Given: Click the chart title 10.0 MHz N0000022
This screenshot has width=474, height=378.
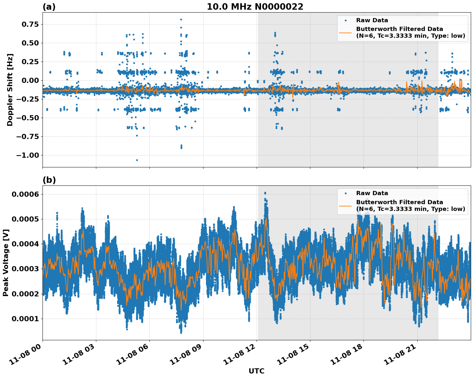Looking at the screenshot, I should pos(255,7).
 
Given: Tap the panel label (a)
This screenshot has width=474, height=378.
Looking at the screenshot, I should pos(49,7).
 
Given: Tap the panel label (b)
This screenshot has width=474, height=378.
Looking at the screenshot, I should pos(49,180).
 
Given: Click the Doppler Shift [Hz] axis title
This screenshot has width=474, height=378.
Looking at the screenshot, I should pos(10,90).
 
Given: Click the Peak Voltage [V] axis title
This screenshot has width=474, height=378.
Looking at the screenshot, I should pos(6,263).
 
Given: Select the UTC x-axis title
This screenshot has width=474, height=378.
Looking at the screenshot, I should pos(256,371).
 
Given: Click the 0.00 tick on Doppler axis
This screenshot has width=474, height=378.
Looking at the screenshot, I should pos(30,81).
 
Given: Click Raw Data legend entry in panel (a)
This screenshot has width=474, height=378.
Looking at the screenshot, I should pos(372,20).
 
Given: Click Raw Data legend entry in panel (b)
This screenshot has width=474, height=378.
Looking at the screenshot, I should pos(372,193).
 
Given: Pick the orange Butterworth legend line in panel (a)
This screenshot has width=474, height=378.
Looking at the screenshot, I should pos(345,32).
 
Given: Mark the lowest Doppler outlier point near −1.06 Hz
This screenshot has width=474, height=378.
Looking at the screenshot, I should pos(137,160).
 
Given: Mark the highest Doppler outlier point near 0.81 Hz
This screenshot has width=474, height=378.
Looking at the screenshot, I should pos(181,20).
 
